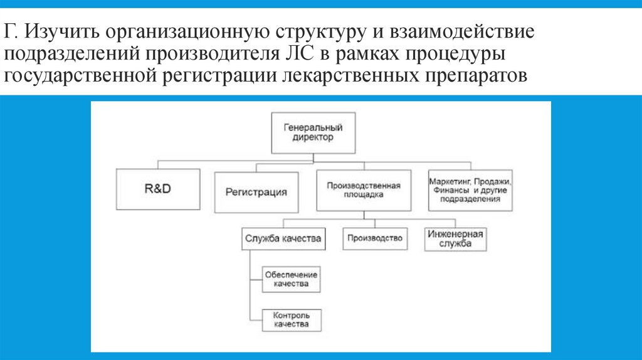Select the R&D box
point(157,189)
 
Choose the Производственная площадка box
point(363,190)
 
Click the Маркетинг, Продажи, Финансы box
point(470,189)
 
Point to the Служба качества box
point(283,238)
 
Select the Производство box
point(375,238)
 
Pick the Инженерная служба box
point(455,238)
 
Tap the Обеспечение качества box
point(291,279)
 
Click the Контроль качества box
point(291,320)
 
